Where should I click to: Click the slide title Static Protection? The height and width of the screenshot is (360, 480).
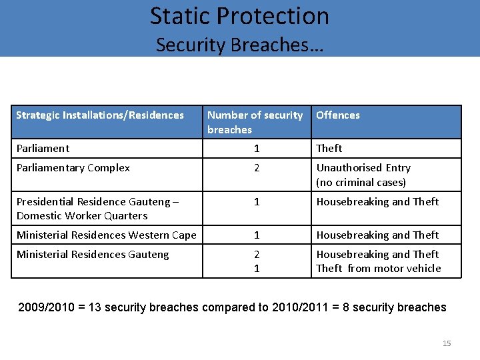tap(239, 16)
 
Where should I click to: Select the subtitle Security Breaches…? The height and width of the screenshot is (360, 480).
tap(239, 45)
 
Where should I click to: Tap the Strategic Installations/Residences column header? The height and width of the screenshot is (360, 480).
tap(100, 115)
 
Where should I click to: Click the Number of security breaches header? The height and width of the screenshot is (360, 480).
tap(255, 122)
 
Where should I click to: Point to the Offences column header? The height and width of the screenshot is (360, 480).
tap(338, 115)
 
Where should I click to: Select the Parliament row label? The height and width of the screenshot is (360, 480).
tap(43, 148)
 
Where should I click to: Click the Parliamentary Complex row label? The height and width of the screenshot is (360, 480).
tap(73, 168)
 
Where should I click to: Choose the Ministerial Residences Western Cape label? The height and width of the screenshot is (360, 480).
tap(107, 235)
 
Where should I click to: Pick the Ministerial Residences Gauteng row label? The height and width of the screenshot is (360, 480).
tap(93, 254)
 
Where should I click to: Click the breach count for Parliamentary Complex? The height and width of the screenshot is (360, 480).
tap(257, 168)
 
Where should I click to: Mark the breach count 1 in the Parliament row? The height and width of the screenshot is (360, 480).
tap(257, 148)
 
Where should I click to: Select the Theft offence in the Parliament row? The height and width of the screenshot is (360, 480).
tap(329, 148)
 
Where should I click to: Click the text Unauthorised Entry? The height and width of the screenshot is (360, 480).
tap(363, 168)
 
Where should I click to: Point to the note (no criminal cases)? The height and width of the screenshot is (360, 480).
tap(361, 182)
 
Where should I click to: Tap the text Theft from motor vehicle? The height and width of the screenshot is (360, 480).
tap(379, 268)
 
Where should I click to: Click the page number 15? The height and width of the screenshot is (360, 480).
tap(447, 343)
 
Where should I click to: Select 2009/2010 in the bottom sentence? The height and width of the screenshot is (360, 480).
tap(45, 307)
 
